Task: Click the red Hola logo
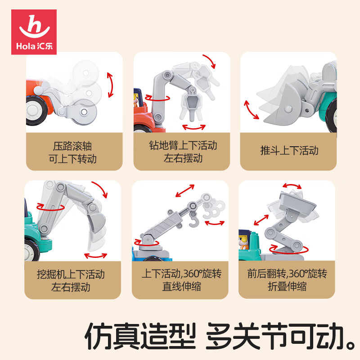[34, 32]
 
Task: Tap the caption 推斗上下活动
[289, 151]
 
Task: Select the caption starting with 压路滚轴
[72, 153]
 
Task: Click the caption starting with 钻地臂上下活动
[183, 152]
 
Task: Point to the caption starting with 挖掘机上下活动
[71, 280]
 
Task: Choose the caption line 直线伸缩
[181, 287]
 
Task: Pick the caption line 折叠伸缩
[287, 287]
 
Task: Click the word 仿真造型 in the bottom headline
[140, 336]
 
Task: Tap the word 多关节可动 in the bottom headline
[275, 336]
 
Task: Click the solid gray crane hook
[193, 220]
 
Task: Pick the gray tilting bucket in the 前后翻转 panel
[297, 202]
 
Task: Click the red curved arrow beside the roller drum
[111, 85]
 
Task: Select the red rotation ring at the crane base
[147, 243]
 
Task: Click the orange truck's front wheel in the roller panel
[35, 111]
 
